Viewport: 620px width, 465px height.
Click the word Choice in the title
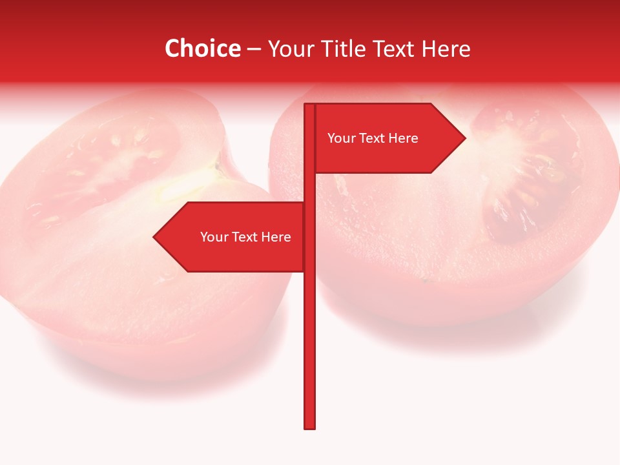click(202, 48)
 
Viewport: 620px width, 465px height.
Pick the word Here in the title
click(446, 48)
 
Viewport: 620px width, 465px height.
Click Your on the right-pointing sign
click(341, 138)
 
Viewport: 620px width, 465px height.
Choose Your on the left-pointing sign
click(214, 237)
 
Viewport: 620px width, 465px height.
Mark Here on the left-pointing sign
click(276, 237)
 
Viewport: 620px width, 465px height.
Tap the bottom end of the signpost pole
click(309, 427)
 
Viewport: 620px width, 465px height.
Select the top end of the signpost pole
click(309, 105)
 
